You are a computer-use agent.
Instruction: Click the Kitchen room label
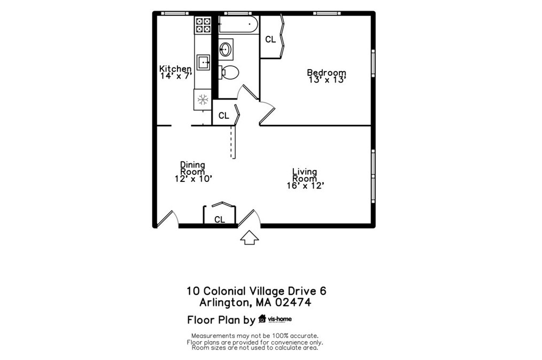point(175,68)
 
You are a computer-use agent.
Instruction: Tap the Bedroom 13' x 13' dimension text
point(328,80)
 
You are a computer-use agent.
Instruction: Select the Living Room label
point(305,175)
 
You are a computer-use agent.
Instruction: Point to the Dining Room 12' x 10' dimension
point(193,179)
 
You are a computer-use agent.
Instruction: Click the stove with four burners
point(203,25)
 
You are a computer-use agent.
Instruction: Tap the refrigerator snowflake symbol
point(203,99)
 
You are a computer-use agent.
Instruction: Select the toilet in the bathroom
point(230,72)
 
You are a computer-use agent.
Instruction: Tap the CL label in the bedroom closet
point(270,39)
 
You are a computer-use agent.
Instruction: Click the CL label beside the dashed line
point(223,116)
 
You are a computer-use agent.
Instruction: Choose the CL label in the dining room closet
point(220,219)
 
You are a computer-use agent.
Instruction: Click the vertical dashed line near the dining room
point(232,142)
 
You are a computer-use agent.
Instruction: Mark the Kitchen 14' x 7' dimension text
point(176,76)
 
